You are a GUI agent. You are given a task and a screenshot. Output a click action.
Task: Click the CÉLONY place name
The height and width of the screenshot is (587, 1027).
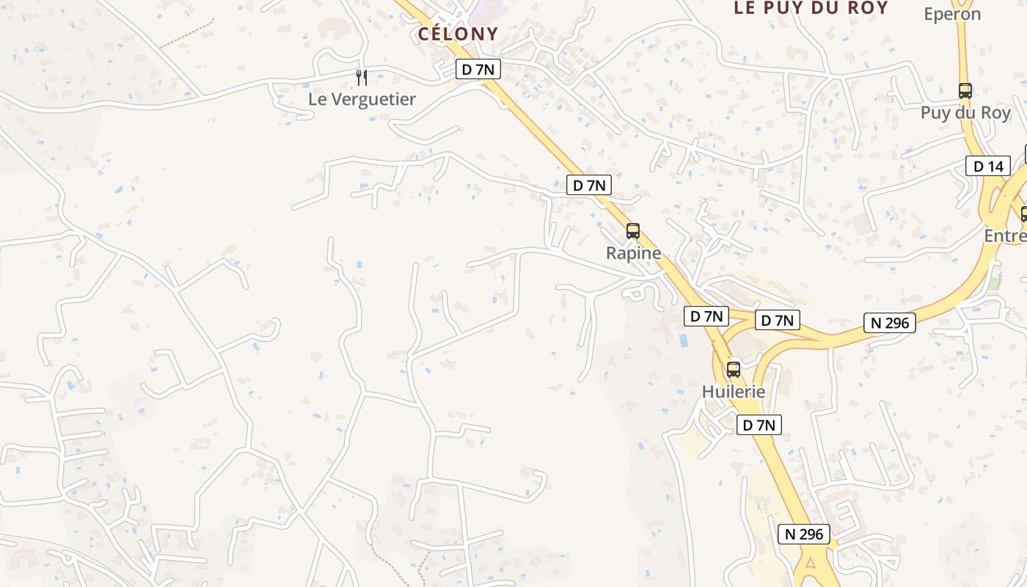pos(458,34)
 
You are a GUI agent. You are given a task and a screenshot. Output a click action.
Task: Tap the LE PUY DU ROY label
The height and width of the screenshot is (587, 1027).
pos(811,8)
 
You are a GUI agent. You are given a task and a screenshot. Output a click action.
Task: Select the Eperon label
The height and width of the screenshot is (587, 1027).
pos(952,14)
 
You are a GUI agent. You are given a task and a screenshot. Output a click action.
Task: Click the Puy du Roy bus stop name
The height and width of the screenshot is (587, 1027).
pos(965,113)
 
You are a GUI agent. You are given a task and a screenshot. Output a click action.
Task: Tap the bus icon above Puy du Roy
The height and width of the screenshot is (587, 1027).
pos(965,91)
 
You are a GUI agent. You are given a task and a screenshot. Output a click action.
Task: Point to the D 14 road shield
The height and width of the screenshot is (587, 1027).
pos(987,166)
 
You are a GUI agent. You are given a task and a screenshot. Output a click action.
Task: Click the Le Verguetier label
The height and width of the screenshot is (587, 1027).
pos(362,99)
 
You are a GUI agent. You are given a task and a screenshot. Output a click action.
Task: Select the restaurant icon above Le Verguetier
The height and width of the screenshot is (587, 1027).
pos(361,77)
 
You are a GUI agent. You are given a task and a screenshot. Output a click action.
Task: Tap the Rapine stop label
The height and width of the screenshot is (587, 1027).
pos(633,253)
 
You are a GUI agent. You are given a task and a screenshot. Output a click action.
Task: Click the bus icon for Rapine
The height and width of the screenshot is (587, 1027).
pos(633,231)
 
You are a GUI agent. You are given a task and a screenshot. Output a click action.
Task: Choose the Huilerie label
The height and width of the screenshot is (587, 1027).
pos(734,392)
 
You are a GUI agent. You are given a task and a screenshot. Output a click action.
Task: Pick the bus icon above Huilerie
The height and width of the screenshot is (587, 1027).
pos(734,369)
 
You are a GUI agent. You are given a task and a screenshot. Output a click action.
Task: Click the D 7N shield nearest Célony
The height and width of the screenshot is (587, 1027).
pos(478,69)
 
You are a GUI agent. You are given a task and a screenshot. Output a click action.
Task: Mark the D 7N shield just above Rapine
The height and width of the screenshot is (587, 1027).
pos(589,185)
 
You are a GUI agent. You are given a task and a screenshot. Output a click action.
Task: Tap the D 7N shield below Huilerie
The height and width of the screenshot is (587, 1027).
pos(759,425)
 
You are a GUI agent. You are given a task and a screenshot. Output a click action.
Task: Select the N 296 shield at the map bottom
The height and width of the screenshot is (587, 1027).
pos(804,534)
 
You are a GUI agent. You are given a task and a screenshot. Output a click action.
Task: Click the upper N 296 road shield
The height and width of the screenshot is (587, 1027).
pos(890,322)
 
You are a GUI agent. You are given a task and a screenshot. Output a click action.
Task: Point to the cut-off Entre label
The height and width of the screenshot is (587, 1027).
pos(1005,236)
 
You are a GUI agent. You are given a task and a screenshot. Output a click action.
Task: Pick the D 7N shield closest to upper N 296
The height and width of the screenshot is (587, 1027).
pos(778,320)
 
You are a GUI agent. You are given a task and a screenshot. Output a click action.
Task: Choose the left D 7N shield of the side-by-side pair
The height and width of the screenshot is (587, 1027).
pos(706,316)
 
